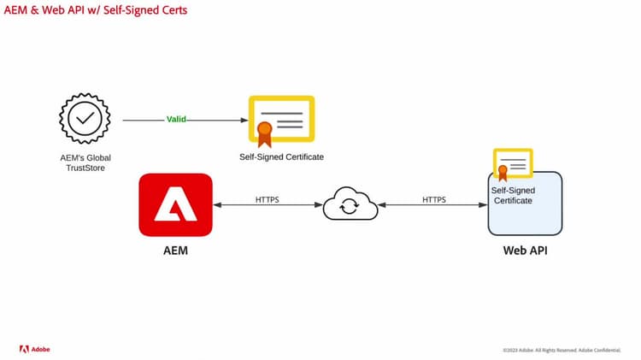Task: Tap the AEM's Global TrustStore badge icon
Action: (x=84, y=121)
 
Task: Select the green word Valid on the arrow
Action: (x=176, y=120)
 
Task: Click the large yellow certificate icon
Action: (x=282, y=120)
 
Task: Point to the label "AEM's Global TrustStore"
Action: (x=84, y=162)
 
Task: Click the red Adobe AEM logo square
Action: (x=175, y=204)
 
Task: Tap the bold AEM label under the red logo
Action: (x=174, y=252)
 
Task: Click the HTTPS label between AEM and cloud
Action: (x=267, y=200)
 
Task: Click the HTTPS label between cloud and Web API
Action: (x=434, y=200)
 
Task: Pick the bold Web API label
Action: (x=525, y=251)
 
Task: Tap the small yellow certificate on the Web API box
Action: (x=513, y=163)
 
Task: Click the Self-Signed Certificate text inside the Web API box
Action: (x=512, y=195)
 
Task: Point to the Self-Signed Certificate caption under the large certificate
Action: (x=281, y=157)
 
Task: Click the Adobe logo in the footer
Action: (x=36, y=349)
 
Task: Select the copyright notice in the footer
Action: (x=561, y=350)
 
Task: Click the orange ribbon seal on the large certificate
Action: (x=264, y=132)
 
